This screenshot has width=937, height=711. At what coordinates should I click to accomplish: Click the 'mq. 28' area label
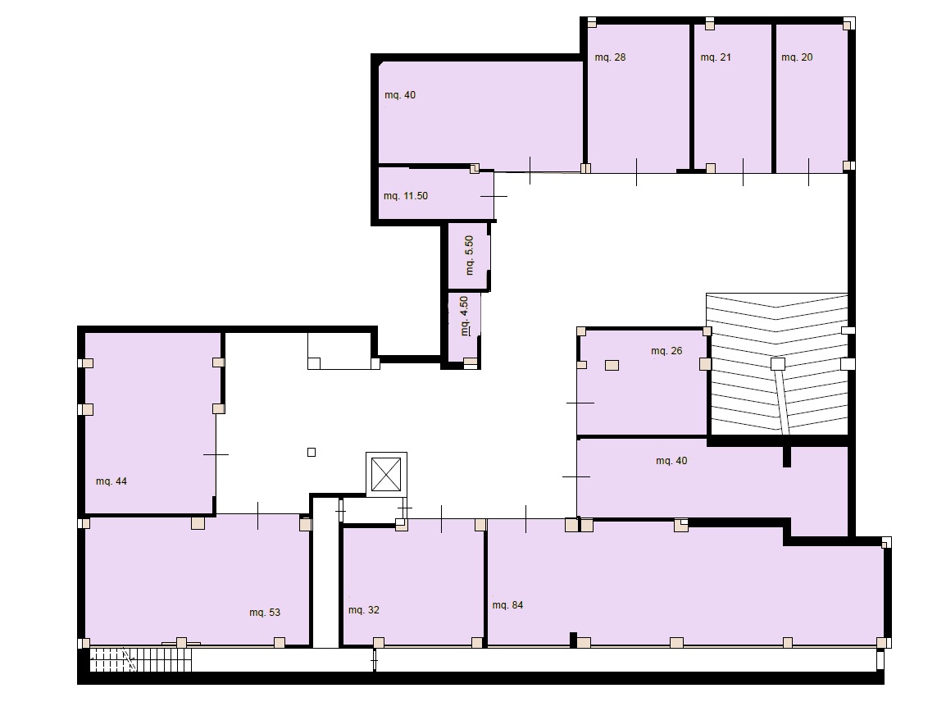click(610, 57)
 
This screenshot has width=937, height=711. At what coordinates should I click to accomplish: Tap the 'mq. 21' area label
click(716, 57)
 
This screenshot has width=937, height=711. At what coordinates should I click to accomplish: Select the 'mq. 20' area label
click(797, 57)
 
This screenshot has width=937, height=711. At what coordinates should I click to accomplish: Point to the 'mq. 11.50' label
click(406, 196)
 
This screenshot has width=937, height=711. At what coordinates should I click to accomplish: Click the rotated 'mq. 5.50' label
click(469, 255)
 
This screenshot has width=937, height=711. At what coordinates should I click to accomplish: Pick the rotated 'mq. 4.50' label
click(464, 316)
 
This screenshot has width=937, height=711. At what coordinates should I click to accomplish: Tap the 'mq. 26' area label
click(666, 351)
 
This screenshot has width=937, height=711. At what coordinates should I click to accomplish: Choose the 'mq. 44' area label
click(111, 481)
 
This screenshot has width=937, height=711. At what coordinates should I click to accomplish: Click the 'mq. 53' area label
click(265, 613)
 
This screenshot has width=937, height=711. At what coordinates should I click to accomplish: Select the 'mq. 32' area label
click(364, 610)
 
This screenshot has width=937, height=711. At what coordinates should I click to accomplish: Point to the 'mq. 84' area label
click(507, 605)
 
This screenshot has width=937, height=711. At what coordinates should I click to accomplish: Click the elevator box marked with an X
click(386, 474)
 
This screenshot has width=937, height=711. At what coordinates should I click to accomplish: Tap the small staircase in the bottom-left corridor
click(140, 659)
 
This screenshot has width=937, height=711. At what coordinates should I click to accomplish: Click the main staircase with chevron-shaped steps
click(777, 363)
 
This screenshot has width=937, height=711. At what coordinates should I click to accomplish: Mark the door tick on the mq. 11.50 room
click(494, 196)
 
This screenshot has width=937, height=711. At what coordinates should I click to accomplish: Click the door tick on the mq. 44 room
click(216, 455)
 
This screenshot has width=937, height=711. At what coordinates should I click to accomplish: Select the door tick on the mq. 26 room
click(580, 403)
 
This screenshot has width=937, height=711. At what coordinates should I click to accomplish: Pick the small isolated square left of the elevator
click(312, 452)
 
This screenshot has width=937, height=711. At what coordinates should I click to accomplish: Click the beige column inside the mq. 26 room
click(612, 365)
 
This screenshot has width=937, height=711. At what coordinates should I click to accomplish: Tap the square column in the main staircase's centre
click(777, 363)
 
